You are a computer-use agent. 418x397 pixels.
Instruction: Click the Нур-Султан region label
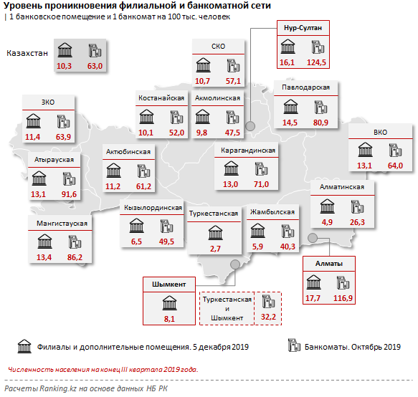pyautogui.click(x=303, y=28)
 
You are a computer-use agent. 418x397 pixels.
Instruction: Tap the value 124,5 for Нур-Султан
pyautogui.click(x=316, y=62)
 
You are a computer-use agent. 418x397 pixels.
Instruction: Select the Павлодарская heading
pyautogui.click(x=305, y=87)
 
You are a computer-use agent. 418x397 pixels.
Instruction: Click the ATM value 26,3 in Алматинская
pyautogui.click(x=357, y=222)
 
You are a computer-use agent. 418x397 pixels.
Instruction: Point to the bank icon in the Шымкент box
pyautogui.click(x=169, y=303)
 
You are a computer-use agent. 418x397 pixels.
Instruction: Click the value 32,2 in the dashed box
pyautogui.click(x=268, y=317)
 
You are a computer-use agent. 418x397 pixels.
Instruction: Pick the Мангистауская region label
pyautogui.click(x=62, y=224)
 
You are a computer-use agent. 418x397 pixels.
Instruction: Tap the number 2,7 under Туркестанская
pyautogui.click(x=215, y=249)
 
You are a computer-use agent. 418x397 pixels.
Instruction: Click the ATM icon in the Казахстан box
pyautogui.click(x=95, y=50)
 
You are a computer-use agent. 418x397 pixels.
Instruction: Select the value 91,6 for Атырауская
pyautogui.click(x=69, y=194)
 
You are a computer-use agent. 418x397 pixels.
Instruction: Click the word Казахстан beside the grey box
pyautogui.click(x=27, y=53)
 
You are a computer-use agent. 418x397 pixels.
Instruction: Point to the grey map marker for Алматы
pyautogui.click(x=313, y=238)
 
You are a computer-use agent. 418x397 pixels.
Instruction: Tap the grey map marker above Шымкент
pyautogui.click(x=235, y=264)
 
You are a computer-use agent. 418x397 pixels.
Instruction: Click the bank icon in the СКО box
pyautogui.click(x=204, y=65)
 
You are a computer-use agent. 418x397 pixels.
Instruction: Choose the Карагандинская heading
pyautogui.click(x=248, y=150)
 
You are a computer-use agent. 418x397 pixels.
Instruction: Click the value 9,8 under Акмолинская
pyautogui.click(x=201, y=133)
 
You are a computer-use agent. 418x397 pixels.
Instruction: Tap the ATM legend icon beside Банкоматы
pyautogui.click(x=294, y=345)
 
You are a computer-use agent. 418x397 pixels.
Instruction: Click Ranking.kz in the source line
pyautogui.click(x=58, y=388)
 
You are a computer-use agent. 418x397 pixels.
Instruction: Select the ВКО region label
pyautogui.click(x=380, y=133)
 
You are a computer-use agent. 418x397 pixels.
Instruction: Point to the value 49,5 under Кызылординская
pyautogui.click(x=166, y=241)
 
